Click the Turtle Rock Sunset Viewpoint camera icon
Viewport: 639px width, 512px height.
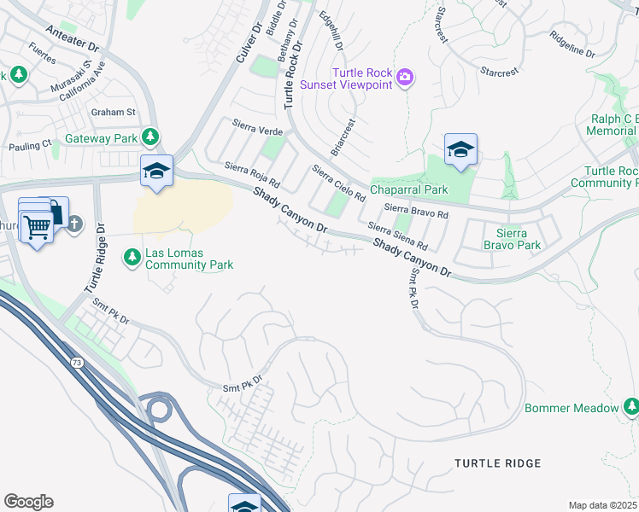(x=405, y=79)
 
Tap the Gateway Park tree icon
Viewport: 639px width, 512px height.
(x=150, y=137)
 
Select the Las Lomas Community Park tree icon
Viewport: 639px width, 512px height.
(x=132, y=256)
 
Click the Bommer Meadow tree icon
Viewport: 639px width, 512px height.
(x=631, y=407)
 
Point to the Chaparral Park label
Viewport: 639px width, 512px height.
(x=408, y=189)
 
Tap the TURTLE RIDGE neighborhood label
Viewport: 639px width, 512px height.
(x=498, y=463)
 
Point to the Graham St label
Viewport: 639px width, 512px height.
(x=114, y=112)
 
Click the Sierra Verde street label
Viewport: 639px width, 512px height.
(x=257, y=131)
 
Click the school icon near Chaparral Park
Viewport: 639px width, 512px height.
(x=460, y=149)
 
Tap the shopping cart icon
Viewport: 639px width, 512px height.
(x=36, y=227)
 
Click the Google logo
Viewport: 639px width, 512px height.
(x=28, y=502)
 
